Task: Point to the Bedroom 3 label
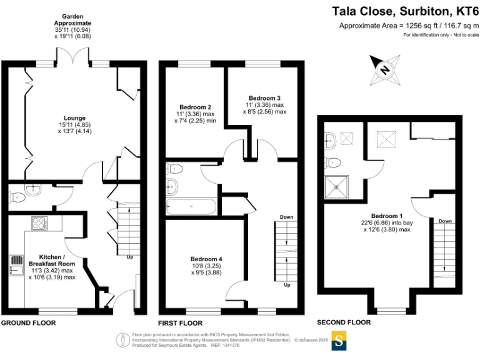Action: pos(264,98)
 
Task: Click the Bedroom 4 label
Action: pos(206,259)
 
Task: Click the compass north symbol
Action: pos(385,70)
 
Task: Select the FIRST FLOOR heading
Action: pos(180,323)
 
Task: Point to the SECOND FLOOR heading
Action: pos(344,322)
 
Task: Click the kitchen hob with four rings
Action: pos(40,223)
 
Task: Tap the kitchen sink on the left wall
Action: pos(15,265)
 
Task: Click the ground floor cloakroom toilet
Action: pos(19,197)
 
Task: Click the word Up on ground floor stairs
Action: pos(129,257)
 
